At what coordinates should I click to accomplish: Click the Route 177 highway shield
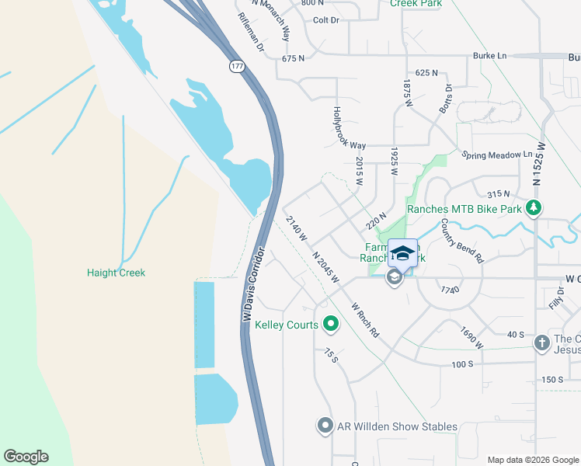click(235, 67)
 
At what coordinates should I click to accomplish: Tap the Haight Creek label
click(116, 273)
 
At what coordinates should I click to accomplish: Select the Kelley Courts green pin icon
click(331, 324)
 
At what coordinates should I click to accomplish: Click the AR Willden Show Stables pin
click(325, 426)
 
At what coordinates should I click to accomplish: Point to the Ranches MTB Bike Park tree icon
click(533, 208)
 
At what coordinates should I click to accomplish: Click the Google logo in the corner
click(26, 456)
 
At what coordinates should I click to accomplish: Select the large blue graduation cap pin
click(402, 253)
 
